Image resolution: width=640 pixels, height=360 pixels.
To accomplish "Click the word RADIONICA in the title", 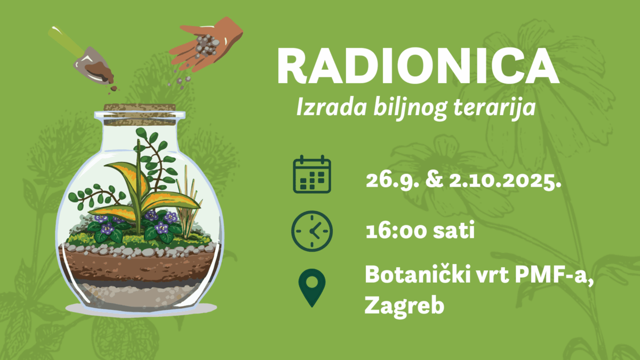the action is tap(418, 66).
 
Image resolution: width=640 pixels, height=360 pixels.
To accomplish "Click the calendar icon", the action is tap(312, 174).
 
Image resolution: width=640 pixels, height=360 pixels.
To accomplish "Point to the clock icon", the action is tap(312, 231).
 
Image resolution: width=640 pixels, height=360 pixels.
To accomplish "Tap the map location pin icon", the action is tap(311, 287).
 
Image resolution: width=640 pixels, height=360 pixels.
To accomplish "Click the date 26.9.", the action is tap(393, 181).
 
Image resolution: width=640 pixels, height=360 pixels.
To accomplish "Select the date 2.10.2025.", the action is tap(505, 181).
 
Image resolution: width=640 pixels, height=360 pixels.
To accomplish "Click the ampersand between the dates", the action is tap(434, 181).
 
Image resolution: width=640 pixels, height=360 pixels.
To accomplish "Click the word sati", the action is tap(453, 230).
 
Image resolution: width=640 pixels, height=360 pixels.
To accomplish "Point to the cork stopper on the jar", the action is tap(140, 115).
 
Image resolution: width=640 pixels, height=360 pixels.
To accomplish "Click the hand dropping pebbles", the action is tap(206, 44).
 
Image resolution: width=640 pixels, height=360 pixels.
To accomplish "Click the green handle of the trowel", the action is tap(66, 42).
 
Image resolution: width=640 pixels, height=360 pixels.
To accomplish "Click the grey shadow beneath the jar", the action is tap(141, 309).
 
